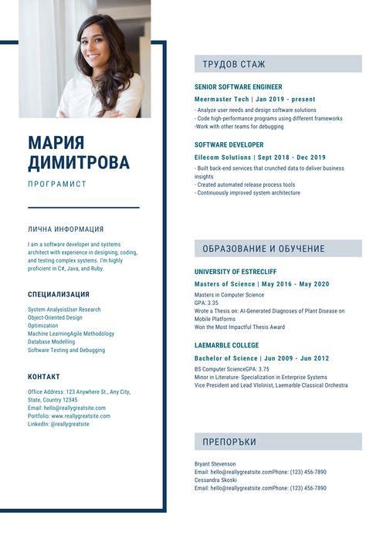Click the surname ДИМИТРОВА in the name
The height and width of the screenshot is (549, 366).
pos(79,163)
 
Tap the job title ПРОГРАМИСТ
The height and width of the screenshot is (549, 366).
pos(57,185)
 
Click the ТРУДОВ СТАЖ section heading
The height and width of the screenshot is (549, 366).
pos(234,64)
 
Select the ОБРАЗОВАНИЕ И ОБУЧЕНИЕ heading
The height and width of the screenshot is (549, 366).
pos(263,249)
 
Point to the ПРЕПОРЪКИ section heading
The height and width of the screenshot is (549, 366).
pos(229,442)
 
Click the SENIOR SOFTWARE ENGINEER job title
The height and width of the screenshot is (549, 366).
pos(238,87)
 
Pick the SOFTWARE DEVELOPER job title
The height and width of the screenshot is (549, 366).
pos(229,145)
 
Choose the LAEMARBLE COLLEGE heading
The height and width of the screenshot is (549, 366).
pos(226,345)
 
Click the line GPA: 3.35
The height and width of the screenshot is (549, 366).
pos(206,303)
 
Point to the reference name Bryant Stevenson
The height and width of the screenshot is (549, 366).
pos(215,464)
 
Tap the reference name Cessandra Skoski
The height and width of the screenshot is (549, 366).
pos(216,480)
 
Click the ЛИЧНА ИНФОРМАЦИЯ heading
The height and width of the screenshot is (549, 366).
pos(66,229)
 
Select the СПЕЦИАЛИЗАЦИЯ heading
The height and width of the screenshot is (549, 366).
pos(59,294)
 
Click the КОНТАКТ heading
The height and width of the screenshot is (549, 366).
pos(44,377)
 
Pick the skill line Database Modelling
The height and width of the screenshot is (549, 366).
pos(52,342)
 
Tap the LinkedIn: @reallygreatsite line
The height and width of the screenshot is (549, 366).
pos(59,424)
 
